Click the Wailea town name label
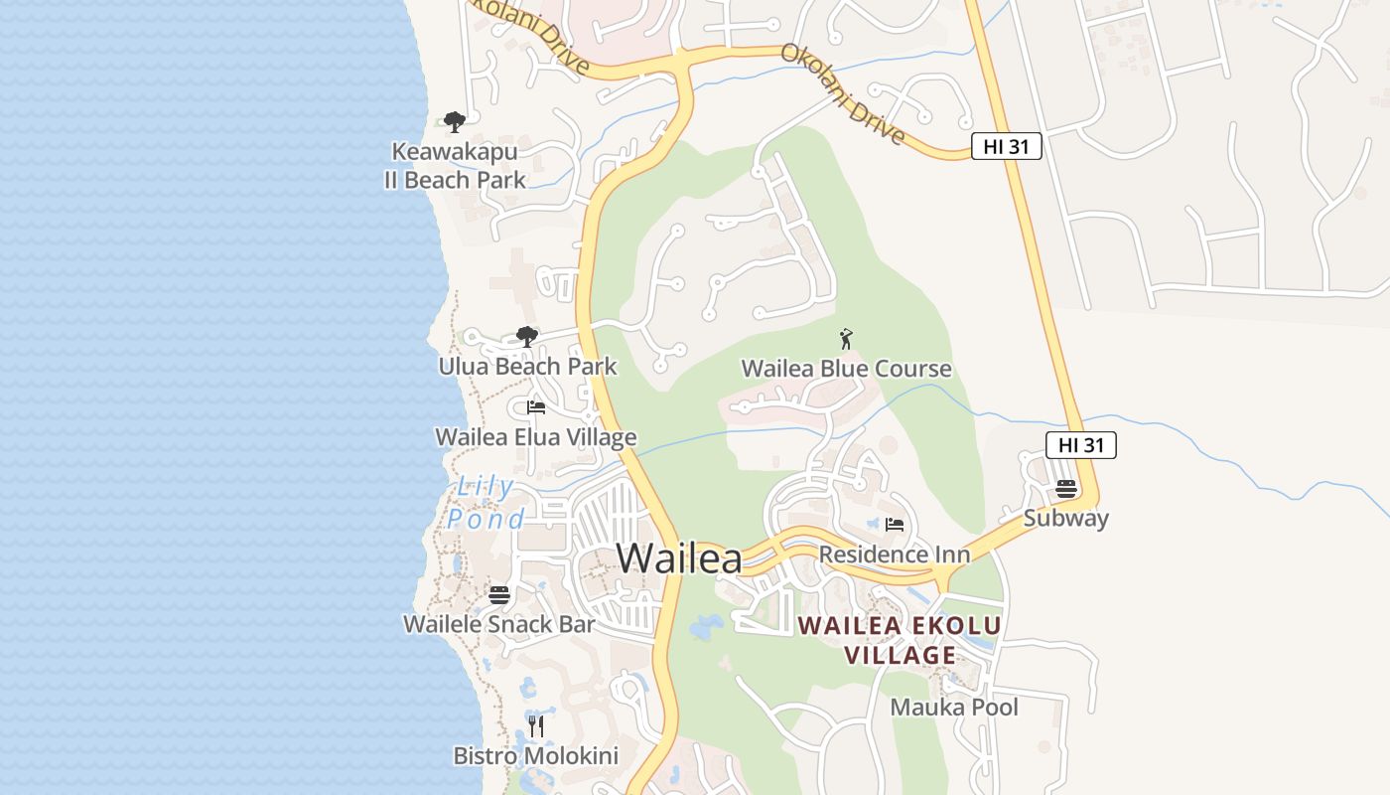tap(679, 558)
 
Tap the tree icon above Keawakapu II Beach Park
tap(455, 122)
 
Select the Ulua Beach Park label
tap(527, 367)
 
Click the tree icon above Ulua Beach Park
tap(527, 337)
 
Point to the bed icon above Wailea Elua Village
tap(536, 407)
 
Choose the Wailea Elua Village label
tap(536, 437)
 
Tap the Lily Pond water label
tap(486, 503)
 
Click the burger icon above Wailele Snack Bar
tap(499, 595)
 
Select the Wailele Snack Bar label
tap(499, 624)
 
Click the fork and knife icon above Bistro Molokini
tap(536, 726)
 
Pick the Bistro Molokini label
tap(536, 756)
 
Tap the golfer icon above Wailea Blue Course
tap(846, 340)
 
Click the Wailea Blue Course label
tap(846, 370)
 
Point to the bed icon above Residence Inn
tap(895, 525)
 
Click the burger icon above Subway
tap(1066, 489)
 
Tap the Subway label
tap(1066, 519)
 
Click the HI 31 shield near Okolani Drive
tap(1006, 147)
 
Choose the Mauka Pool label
tap(954, 708)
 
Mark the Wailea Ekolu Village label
tap(900, 641)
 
